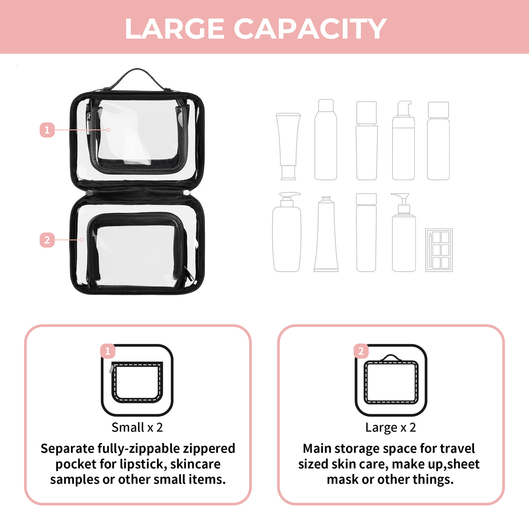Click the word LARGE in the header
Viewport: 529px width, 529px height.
point(175,29)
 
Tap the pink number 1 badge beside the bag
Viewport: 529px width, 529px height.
point(47,130)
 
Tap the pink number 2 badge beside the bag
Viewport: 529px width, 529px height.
point(47,240)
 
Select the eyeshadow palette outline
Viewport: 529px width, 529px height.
point(439,250)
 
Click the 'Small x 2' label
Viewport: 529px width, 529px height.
point(137,427)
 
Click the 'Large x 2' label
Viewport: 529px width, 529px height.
point(391,427)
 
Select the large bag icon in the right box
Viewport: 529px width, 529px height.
point(391,381)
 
